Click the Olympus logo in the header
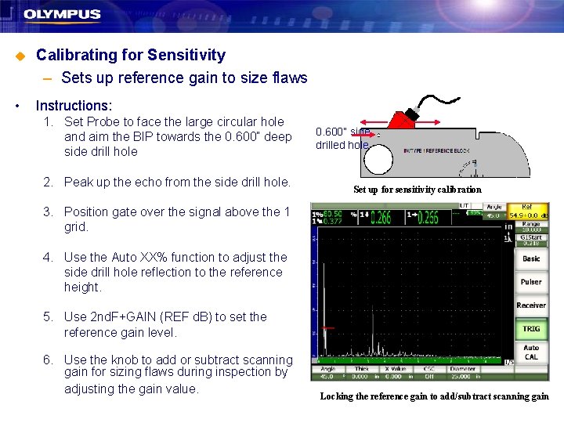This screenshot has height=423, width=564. pyautogui.click(x=62, y=14)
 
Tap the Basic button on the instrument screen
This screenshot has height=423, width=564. pyautogui.click(x=531, y=258)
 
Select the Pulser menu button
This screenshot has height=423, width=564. pyautogui.click(x=531, y=282)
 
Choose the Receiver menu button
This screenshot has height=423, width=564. pyautogui.click(x=531, y=305)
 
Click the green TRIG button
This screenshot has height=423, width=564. pyautogui.click(x=531, y=329)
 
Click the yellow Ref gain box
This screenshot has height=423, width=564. pyautogui.click(x=530, y=211)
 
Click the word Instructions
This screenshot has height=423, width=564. pyautogui.click(x=74, y=105)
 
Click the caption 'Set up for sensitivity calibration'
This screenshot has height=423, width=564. pyautogui.click(x=417, y=190)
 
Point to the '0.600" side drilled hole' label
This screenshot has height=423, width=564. pyautogui.click(x=342, y=139)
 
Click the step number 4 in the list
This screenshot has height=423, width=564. pyautogui.click(x=49, y=257)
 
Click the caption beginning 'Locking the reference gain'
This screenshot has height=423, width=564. pyautogui.click(x=434, y=396)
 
